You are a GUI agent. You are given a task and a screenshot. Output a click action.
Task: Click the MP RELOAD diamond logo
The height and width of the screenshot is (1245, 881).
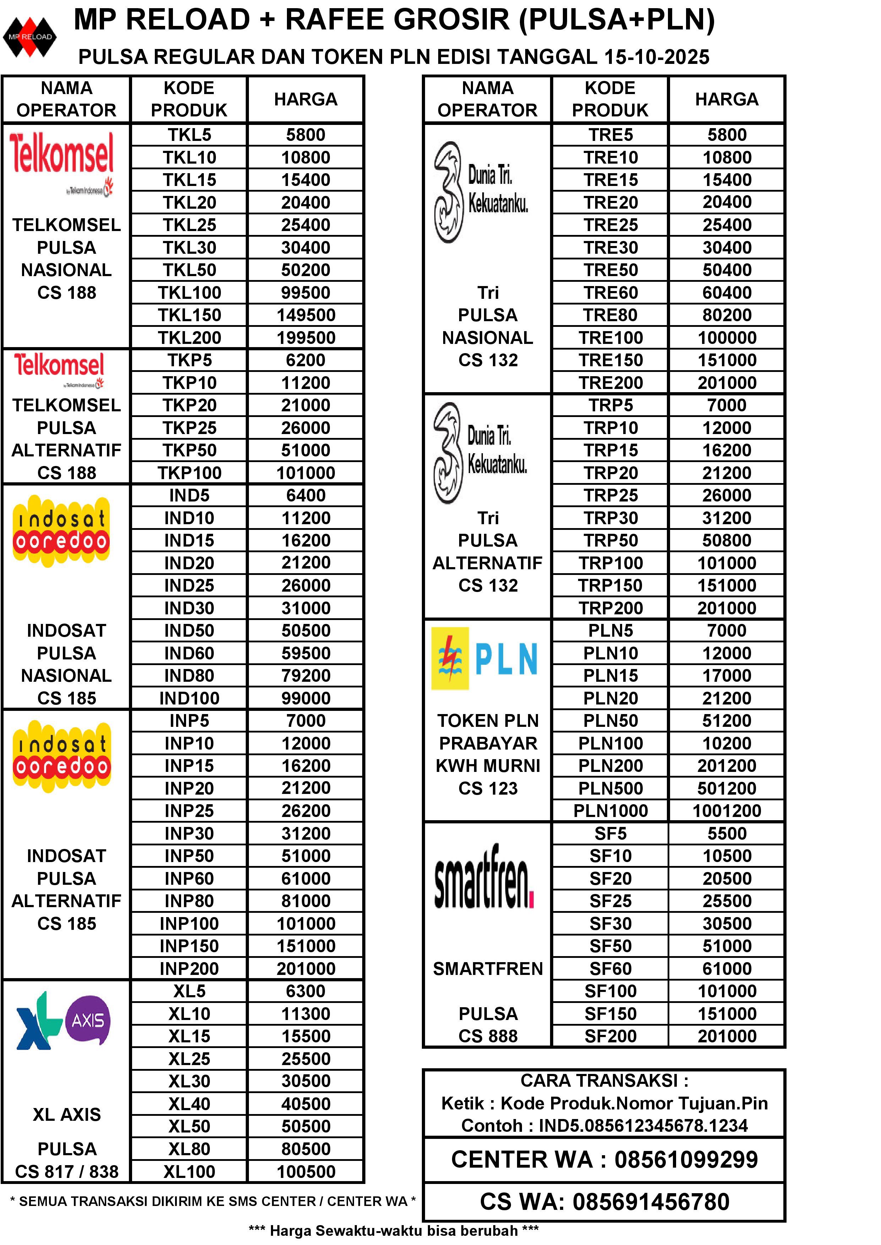[x=30, y=37]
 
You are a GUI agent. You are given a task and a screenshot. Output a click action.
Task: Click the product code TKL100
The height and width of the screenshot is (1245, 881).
[x=189, y=293]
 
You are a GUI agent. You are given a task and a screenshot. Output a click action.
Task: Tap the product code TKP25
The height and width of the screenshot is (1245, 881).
[x=189, y=428]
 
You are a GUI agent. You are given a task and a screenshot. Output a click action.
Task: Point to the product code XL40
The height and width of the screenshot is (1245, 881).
[x=189, y=1104]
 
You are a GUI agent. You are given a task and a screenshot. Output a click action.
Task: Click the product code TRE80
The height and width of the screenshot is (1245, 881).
[x=610, y=315]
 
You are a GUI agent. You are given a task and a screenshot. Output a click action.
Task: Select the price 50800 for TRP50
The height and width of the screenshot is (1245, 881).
[x=727, y=541]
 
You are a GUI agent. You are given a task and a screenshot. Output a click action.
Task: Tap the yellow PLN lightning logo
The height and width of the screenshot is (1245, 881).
[x=450, y=658]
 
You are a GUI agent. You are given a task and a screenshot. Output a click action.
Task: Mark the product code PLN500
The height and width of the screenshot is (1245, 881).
[x=610, y=789]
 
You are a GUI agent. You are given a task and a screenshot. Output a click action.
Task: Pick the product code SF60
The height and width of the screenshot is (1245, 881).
[x=610, y=969]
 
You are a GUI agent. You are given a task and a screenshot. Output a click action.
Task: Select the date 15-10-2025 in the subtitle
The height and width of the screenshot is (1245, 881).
[x=657, y=57]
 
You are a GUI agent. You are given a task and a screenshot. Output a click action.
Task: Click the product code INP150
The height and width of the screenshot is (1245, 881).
[x=189, y=946]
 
